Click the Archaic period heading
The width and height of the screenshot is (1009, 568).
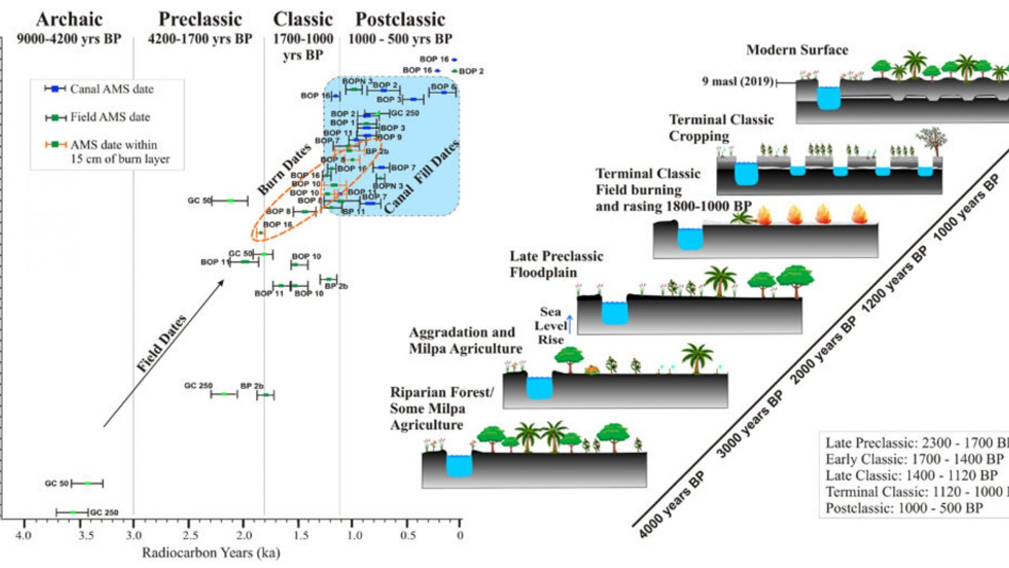(69, 20)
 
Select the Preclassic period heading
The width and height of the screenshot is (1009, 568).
(200, 20)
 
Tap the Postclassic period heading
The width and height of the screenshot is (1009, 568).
(400, 20)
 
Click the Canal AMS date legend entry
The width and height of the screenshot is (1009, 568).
(111, 89)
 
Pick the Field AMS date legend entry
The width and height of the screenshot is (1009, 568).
(109, 117)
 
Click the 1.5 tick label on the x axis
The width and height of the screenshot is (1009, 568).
(301, 535)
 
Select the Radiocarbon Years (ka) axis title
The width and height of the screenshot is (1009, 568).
(211, 553)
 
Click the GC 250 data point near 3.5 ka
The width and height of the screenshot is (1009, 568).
(73, 512)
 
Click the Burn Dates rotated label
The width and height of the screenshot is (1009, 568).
(284, 170)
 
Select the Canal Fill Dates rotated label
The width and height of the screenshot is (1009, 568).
(422, 177)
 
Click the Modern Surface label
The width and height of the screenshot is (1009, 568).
(797, 50)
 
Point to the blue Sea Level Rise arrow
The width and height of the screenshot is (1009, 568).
(570, 324)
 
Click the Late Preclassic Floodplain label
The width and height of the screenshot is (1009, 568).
(556, 264)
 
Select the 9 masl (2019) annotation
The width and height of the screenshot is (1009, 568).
(738, 82)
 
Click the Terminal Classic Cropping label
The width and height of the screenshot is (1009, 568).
(721, 127)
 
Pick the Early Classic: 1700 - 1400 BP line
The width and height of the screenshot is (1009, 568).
(914, 459)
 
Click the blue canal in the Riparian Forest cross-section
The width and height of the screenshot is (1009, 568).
(459, 466)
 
